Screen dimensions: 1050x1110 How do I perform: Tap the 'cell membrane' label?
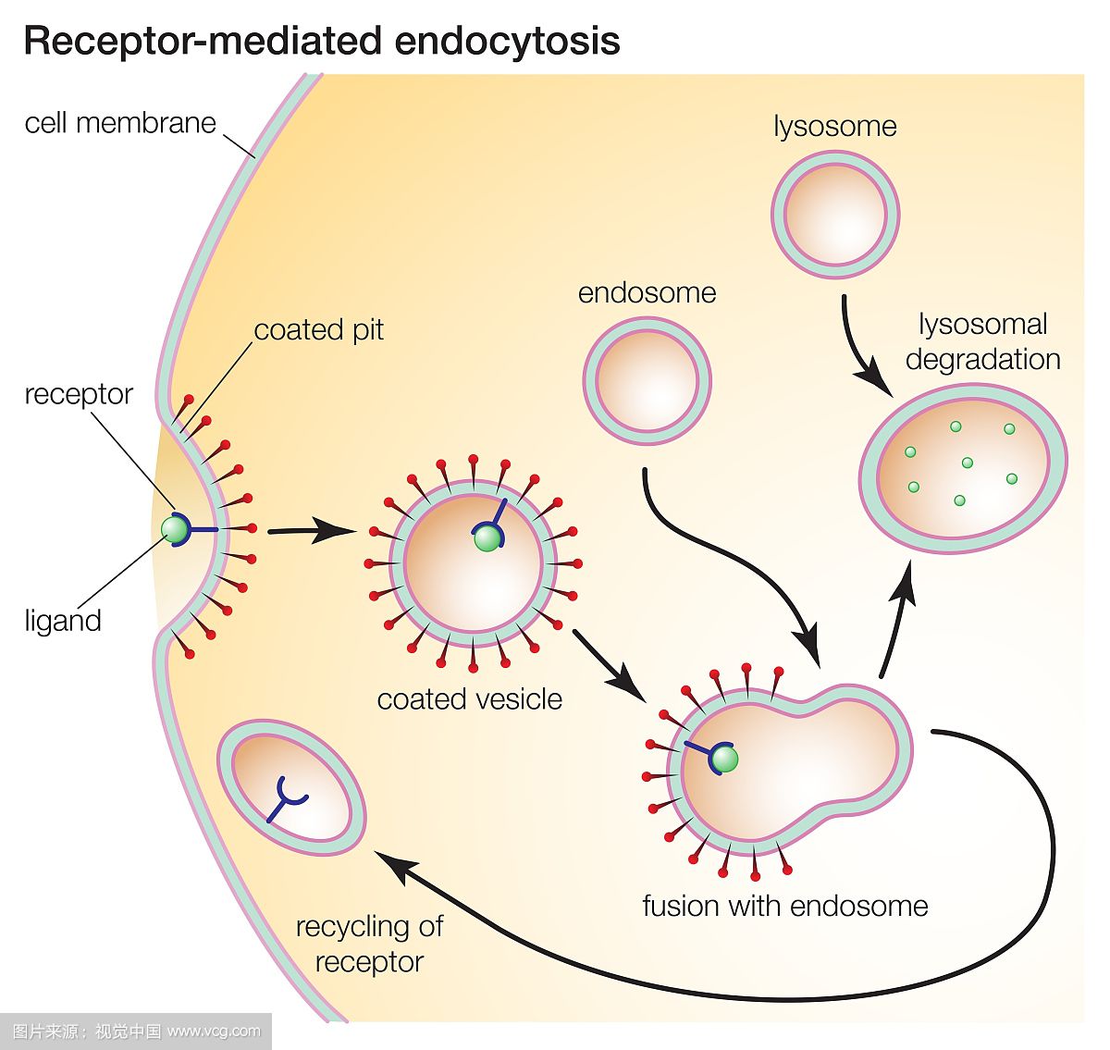pos(120,123)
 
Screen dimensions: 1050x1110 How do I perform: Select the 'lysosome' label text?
pos(835,126)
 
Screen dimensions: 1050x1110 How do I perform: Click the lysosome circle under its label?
pos(835,215)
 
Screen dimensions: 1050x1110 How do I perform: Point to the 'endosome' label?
pos(647,293)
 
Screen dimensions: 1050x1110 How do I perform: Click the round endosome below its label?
pos(647,380)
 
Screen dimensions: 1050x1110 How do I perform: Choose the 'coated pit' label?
pos(318,330)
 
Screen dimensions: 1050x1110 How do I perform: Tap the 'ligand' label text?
pos(63,620)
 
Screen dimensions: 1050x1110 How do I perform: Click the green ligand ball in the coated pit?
pos(174,529)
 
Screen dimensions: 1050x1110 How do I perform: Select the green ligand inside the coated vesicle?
pos(487,539)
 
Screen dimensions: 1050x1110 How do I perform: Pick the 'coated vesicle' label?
pos(469,698)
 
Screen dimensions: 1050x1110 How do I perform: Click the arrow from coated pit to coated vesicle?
pos(311,531)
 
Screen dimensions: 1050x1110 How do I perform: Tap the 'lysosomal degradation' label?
pos(982,341)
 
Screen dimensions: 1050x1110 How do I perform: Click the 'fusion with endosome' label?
pos(785,905)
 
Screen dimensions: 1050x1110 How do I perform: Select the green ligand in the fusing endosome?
pos(725,760)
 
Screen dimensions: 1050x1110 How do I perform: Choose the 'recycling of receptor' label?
pos(369,944)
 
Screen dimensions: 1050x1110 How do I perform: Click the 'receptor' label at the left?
pos(79,394)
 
